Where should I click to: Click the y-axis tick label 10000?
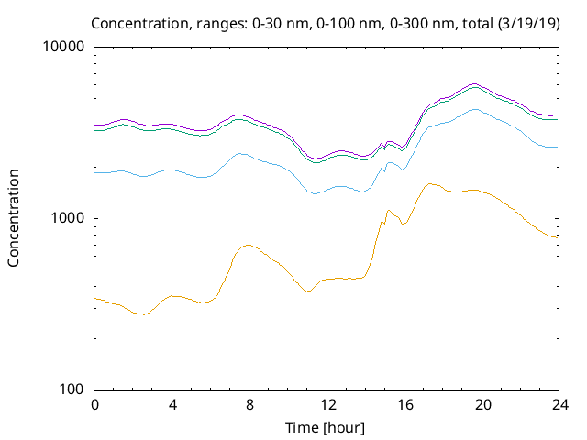coord(65,48)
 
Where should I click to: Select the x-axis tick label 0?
coord(94,405)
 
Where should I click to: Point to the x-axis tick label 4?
coord(172,405)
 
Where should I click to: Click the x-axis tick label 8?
coord(249,405)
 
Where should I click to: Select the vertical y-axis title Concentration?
coord(14,218)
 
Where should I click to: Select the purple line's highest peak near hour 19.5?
coord(473,83)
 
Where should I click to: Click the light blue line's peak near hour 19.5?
coord(474,109)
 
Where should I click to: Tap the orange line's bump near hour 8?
coord(248,245)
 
